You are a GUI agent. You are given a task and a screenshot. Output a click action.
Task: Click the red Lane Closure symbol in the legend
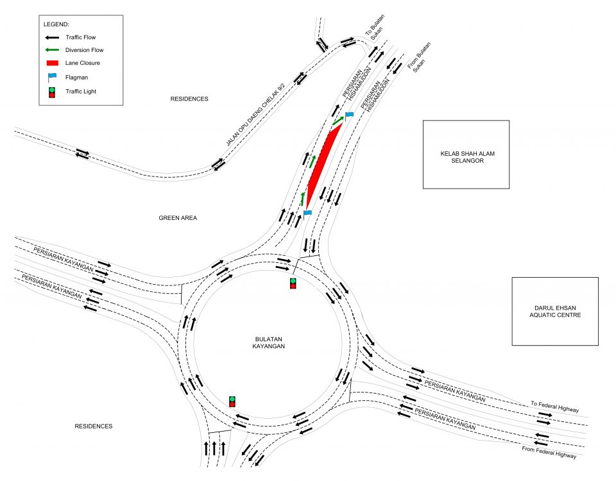pos(52,63)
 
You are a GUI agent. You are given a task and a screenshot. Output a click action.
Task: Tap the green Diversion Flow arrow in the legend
pos(52,50)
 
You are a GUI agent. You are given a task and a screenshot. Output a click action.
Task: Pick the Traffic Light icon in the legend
pos(52,92)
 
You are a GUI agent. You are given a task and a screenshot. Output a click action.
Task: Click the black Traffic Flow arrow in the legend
pos(52,38)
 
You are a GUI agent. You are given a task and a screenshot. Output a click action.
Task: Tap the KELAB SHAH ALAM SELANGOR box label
pos(465,156)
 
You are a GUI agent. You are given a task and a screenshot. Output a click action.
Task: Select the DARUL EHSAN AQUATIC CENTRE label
pos(554,311)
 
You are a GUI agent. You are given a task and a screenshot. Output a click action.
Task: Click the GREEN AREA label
pos(178,218)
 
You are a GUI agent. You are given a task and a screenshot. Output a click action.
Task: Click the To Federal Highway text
pos(555,407)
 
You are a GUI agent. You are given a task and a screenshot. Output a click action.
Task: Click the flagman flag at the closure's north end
pos(349,115)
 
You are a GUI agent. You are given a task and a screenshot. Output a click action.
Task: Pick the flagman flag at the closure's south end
pos(307,212)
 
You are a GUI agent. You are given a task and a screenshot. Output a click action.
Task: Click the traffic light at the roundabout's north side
pos(293,283)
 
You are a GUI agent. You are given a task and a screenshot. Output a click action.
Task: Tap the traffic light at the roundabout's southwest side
pos(232,401)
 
